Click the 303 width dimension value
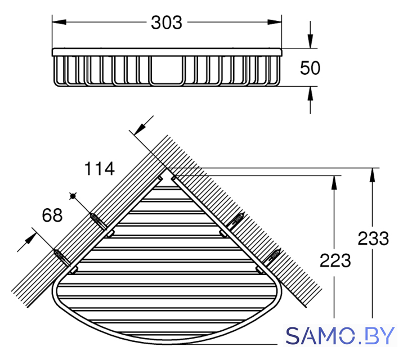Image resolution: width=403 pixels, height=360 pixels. pyautogui.click(x=167, y=22)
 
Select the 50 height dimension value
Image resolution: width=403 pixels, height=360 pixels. pyautogui.click(x=310, y=68)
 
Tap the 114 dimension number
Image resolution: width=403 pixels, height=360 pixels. pyautogui.click(x=100, y=169)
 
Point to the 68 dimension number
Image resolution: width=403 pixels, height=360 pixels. pyautogui.click(x=52, y=215)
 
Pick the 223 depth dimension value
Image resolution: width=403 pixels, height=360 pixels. pyautogui.click(x=335, y=260)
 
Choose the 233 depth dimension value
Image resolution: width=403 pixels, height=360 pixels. pyautogui.click(x=373, y=238)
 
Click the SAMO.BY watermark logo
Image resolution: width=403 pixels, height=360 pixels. pyautogui.click(x=340, y=335)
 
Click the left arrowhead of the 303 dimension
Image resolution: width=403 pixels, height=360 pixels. pyautogui.click(x=59, y=22)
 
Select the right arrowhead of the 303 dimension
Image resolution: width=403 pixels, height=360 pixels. pyautogui.click(x=275, y=22)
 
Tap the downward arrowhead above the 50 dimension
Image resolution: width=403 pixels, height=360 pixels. pyautogui.click(x=310, y=41)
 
